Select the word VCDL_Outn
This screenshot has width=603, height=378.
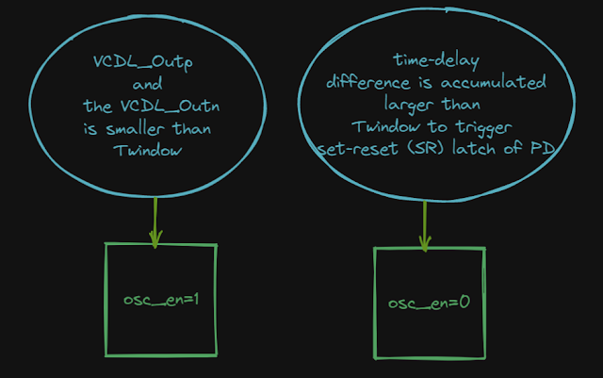click(x=163, y=106)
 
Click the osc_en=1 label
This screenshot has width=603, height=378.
click(x=161, y=299)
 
